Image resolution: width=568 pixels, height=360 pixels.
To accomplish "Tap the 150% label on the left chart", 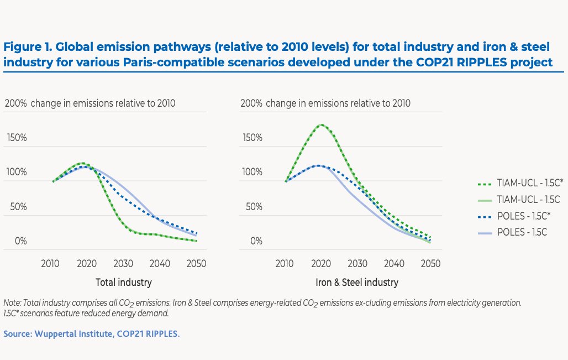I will [x=16, y=137].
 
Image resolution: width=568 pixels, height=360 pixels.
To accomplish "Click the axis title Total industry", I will [x=124, y=282].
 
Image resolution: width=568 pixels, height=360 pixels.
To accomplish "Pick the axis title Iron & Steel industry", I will [x=357, y=282].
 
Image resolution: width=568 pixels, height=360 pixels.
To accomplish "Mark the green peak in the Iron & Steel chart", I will [x=320, y=124].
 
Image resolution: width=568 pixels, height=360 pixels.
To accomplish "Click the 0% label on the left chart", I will [x=20, y=241].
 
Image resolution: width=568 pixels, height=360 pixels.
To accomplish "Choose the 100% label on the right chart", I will [x=252, y=172].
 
